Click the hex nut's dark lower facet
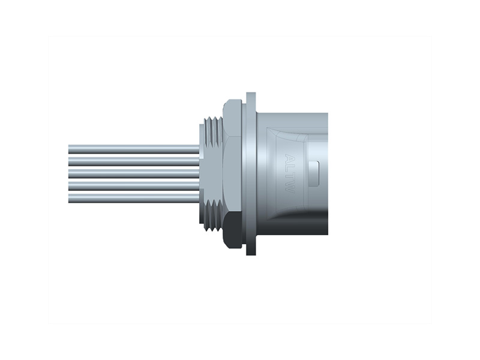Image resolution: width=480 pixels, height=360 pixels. pos(232,234)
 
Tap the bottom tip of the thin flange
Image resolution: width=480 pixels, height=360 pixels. pos(251,252)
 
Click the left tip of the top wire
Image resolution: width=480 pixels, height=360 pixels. pos(70,149)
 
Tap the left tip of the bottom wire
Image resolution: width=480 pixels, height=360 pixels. pos(70,197)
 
